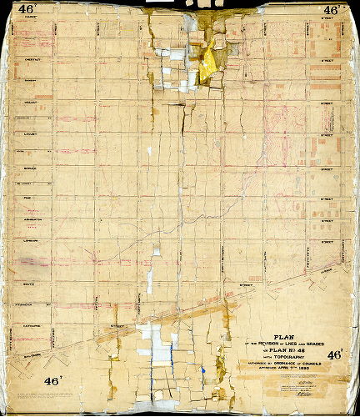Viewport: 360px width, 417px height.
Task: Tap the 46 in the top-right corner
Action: tap(332, 11)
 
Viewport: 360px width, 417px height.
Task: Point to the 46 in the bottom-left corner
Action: tap(26, 387)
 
